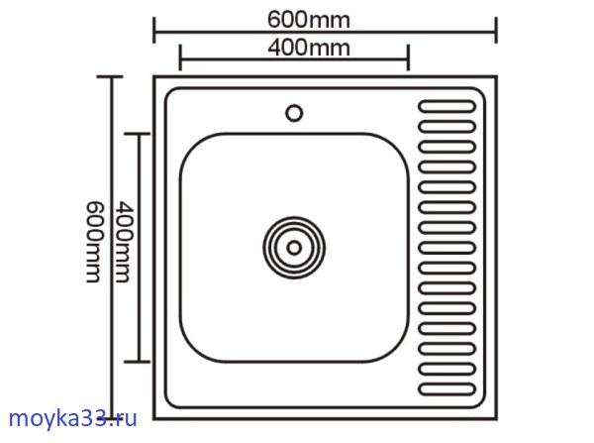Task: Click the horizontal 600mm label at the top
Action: coord(323,20)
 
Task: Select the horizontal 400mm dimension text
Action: coord(294,47)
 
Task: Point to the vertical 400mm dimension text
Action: coord(122,241)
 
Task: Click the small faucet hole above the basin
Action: coord(294,112)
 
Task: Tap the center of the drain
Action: coord(294,244)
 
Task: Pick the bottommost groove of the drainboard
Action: coord(446,388)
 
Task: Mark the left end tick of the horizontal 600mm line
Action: coord(153,33)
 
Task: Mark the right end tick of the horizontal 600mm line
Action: coord(495,33)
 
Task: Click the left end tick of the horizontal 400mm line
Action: coord(179,57)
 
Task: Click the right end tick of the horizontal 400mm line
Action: coord(408,57)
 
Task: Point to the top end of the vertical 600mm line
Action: coord(112,75)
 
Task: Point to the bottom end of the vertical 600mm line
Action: coord(112,415)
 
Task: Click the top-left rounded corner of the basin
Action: coord(189,142)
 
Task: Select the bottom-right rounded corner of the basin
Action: coord(399,349)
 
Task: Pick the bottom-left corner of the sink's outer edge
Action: coord(156,411)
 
